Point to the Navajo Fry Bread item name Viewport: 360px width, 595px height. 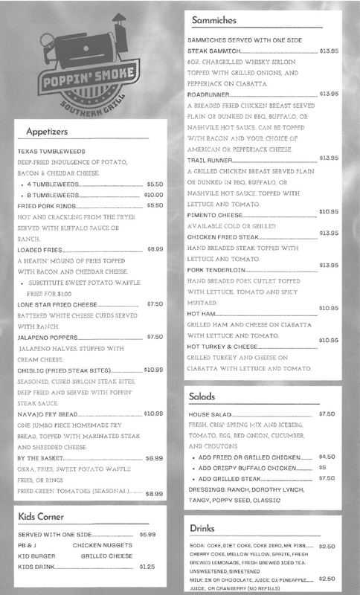[x=49, y=414]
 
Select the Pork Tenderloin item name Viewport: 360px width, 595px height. [x=214, y=267]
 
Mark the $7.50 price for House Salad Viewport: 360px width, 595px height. [x=327, y=414]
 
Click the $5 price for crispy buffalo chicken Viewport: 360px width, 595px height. [x=321, y=467]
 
